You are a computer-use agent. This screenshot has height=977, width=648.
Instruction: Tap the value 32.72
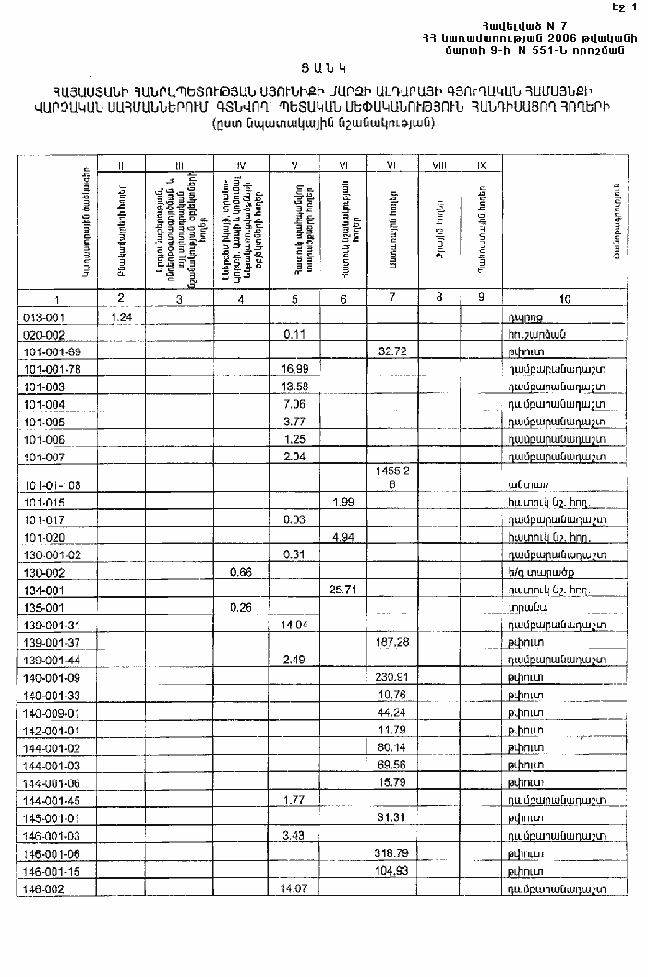tap(392, 351)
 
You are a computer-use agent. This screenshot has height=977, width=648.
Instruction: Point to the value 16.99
tap(294, 369)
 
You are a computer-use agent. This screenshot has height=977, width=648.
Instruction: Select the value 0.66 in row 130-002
tap(239, 571)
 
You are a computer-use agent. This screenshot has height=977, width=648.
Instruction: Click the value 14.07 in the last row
tap(294, 888)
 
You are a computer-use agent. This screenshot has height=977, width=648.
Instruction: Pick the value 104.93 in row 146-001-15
tap(392, 870)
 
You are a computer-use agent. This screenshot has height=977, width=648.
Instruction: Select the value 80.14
tap(392, 745)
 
